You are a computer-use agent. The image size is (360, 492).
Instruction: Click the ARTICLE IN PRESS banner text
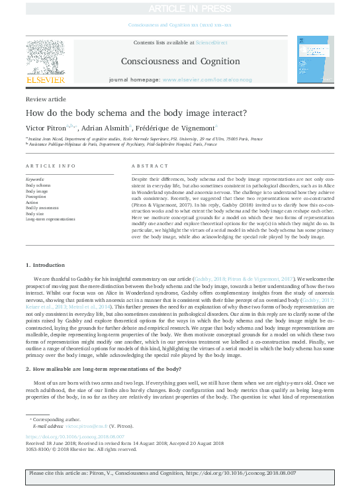[x=179, y=9]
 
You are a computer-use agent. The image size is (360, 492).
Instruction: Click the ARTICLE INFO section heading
[x=50, y=166]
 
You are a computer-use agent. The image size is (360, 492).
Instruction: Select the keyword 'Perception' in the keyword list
[x=36, y=197]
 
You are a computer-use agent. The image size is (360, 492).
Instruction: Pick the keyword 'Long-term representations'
[x=50, y=219]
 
